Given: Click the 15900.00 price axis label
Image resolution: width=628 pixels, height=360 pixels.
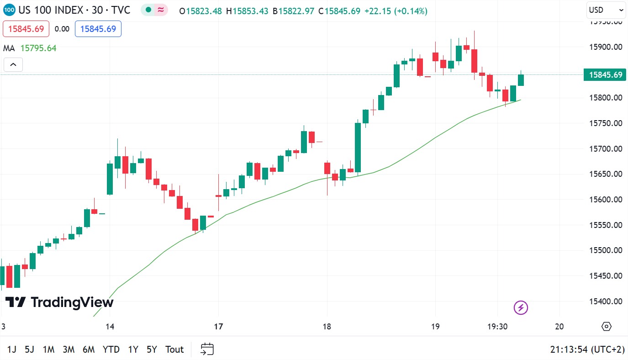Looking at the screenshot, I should (605, 47).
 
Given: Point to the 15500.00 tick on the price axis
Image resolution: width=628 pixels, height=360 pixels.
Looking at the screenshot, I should (605, 250).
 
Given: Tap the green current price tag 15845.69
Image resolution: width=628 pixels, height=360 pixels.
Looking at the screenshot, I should (606, 75).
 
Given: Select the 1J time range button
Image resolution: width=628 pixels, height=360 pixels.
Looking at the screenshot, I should (12, 349).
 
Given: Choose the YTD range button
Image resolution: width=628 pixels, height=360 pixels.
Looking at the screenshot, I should (111, 349).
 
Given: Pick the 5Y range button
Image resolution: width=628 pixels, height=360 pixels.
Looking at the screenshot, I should (152, 349).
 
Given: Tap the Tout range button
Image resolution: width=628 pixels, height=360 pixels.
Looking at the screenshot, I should (174, 349).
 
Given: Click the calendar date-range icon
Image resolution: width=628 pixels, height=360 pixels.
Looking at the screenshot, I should (207, 349).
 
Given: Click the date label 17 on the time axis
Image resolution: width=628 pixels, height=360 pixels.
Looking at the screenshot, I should (218, 327).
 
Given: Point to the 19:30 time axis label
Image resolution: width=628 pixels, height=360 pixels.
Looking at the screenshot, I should (498, 327).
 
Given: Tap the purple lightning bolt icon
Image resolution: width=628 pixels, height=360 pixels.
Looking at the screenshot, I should (521, 308).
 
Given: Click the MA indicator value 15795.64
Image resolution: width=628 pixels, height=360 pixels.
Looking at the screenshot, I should (38, 48).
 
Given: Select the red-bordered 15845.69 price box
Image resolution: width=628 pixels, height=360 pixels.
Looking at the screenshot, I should (26, 29).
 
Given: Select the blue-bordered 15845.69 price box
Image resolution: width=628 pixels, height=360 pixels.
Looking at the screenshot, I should (98, 29).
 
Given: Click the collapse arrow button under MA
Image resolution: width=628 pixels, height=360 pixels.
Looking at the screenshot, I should (13, 65).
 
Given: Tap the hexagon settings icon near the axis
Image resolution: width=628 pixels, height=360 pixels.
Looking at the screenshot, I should (606, 326).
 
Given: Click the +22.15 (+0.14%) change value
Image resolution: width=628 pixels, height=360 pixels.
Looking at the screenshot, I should (396, 11).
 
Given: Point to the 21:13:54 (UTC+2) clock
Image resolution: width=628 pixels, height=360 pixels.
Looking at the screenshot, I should (587, 349).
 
